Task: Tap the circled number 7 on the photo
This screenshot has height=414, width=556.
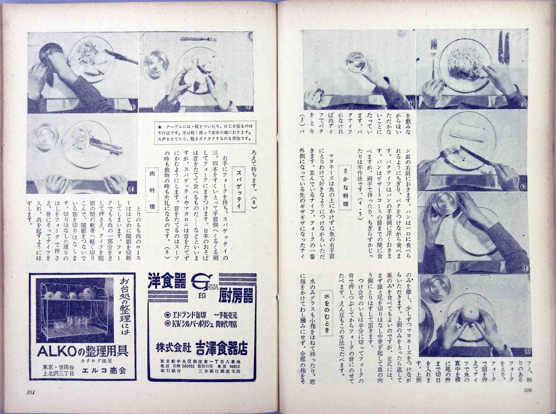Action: pos(412,103)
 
